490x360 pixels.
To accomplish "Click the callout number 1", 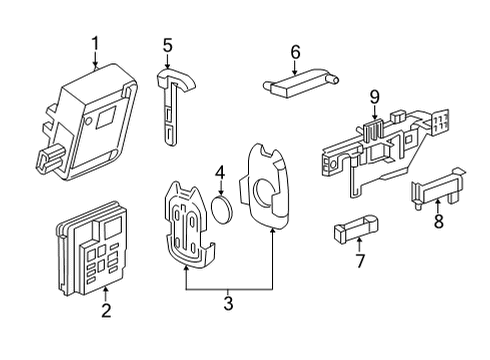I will (x=96, y=43).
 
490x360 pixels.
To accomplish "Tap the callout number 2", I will (x=106, y=311).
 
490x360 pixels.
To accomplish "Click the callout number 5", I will (x=168, y=44).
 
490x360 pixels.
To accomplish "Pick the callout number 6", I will (x=295, y=51).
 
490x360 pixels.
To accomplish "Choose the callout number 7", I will (x=361, y=262).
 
